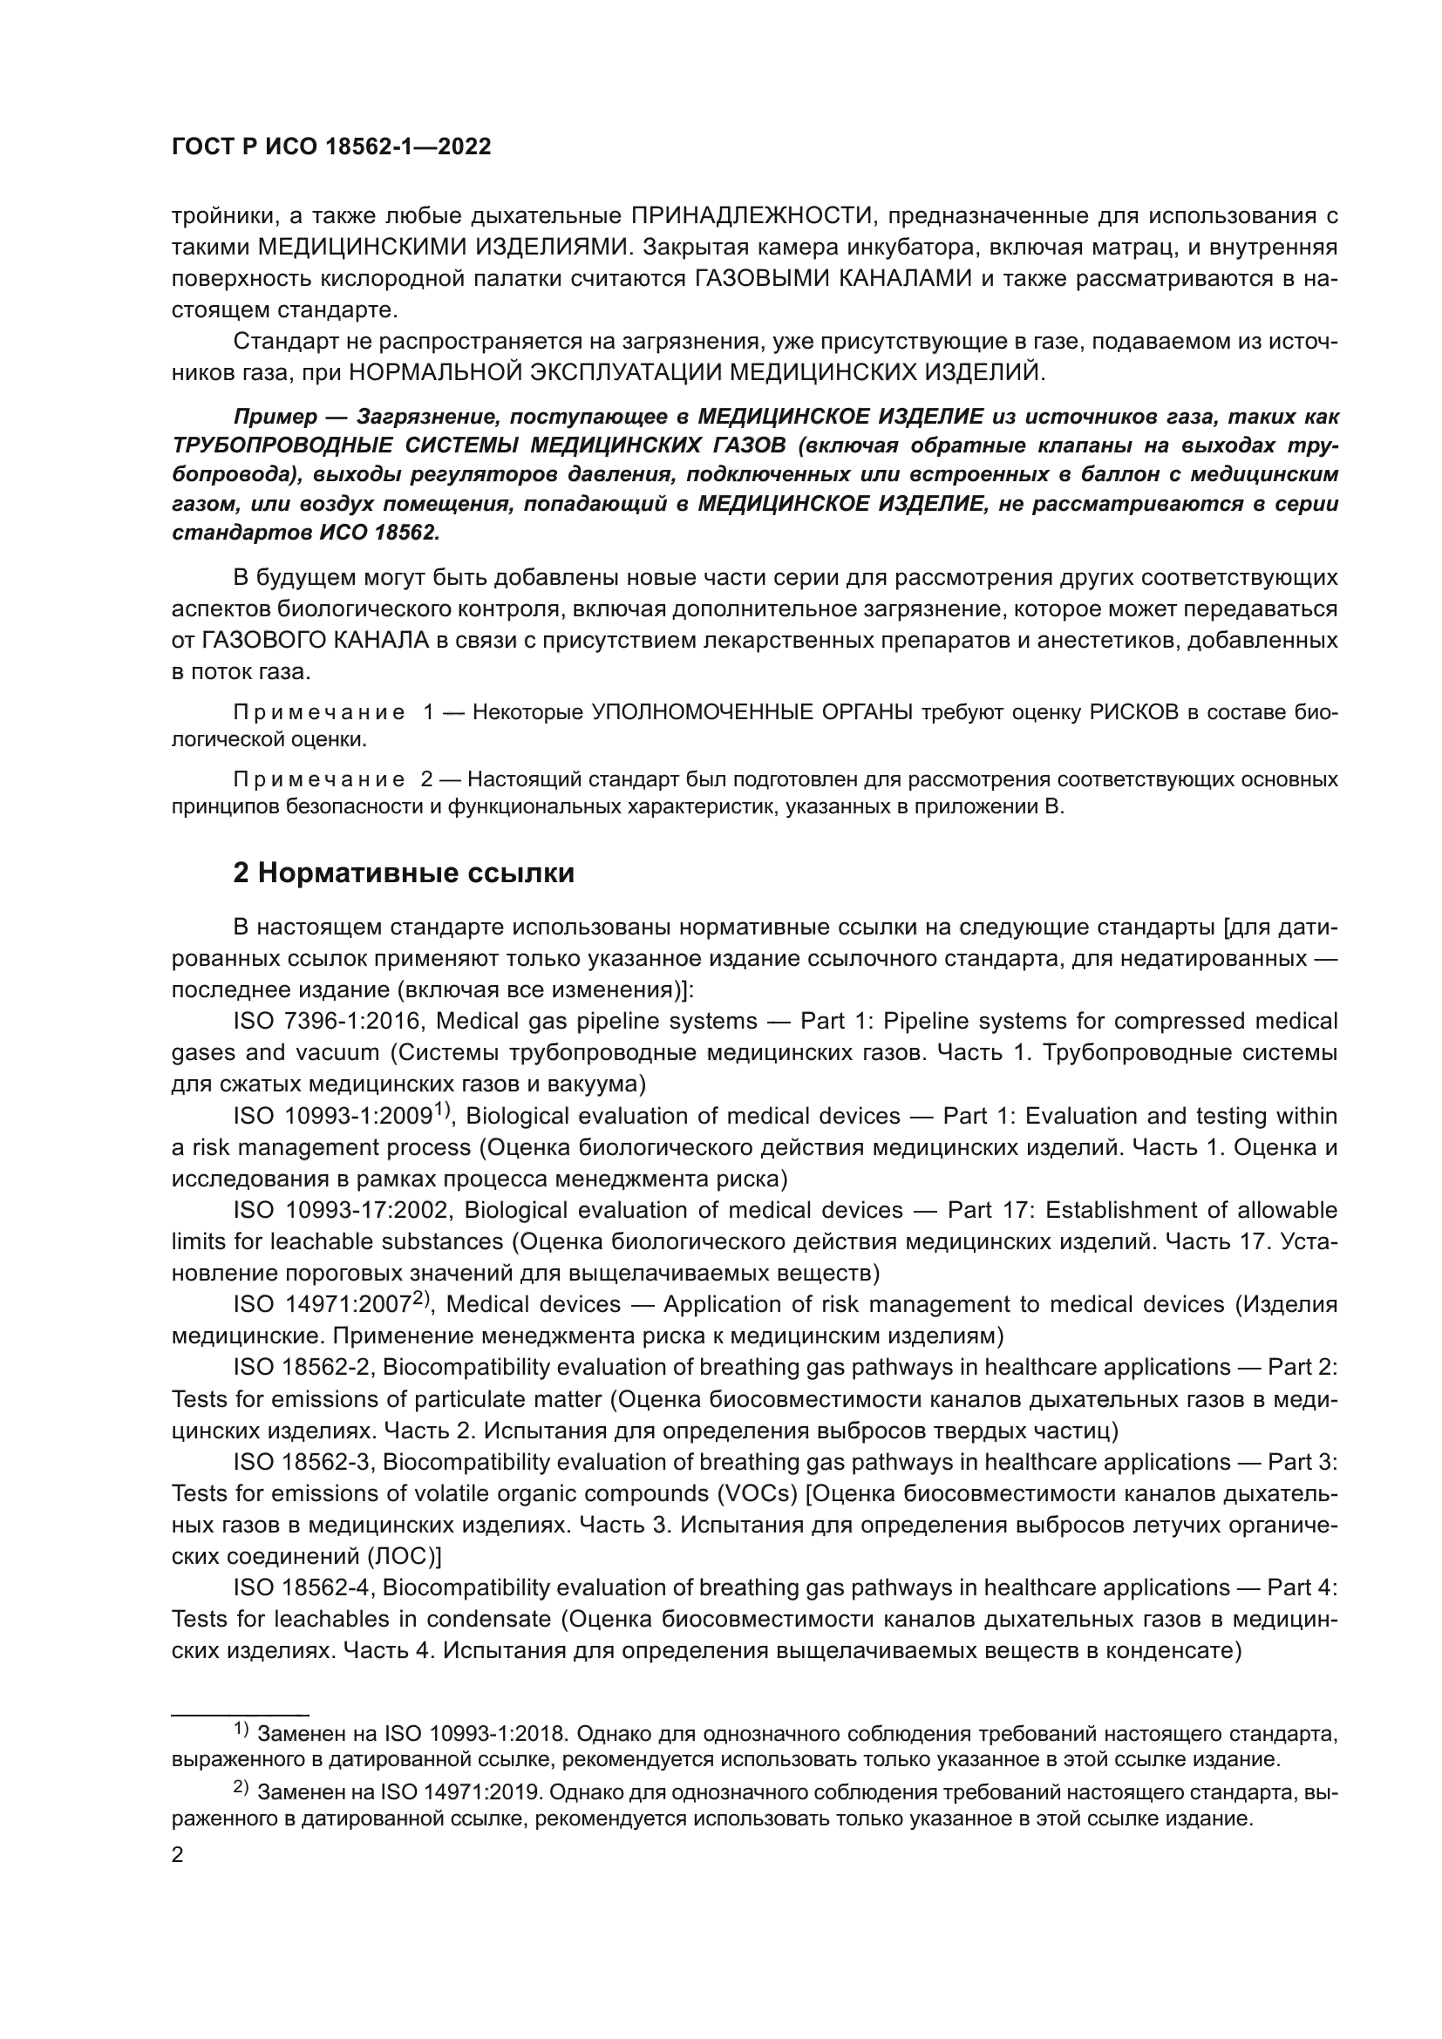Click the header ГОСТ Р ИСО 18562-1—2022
pyautogui.click(x=331, y=147)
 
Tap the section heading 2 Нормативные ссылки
pyautogui.click(x=403, y=873)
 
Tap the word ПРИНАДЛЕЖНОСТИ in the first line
pyautogui.click(x=751, y=216)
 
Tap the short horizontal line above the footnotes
pyautogui.click(x=240, y=1714)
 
